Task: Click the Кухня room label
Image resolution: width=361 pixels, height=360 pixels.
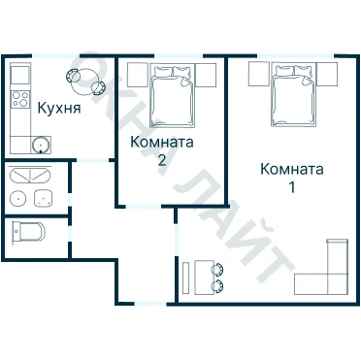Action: click(59, 109)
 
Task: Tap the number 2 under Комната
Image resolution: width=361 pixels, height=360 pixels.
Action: click(162, 160)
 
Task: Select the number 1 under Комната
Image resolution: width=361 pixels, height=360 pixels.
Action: click(292, 187)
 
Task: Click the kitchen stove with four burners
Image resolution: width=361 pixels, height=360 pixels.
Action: click(20, 99)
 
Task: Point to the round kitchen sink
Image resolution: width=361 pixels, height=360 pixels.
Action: click(41, 145)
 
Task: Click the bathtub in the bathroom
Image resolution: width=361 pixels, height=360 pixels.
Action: click(30, 176)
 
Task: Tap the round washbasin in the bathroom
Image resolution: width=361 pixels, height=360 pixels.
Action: click(17, 198)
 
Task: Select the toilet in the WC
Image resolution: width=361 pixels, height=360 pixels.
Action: click(28, 231)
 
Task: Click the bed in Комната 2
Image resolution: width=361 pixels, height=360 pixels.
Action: click(173, 96)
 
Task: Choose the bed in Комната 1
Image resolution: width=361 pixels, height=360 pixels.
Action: click(293, 94)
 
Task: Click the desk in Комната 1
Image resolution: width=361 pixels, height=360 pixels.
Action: click(205, 278)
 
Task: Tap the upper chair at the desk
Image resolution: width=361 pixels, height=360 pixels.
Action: click(217, 269)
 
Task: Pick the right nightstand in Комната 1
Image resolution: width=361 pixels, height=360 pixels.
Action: click(327, 74)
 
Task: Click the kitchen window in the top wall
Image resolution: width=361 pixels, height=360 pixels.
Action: click(55, 56)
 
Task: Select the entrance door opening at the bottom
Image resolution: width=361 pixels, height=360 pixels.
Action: click(150, 304)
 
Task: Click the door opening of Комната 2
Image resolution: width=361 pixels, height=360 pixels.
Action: click(144, 206)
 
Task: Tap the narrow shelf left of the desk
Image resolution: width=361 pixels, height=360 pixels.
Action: click(185, 278)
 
